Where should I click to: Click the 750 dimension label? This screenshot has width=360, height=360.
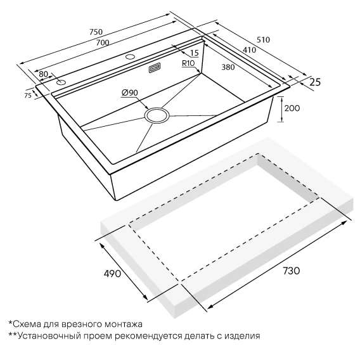[96, 32]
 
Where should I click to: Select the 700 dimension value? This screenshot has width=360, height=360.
[103, 42]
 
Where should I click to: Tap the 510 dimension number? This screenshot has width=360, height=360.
[263, 40]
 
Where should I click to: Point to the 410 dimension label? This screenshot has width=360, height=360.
[249, 50]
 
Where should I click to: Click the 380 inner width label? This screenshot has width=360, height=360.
[228, 67]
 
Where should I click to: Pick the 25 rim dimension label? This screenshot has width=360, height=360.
[315, 82]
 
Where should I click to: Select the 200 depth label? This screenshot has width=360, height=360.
[292, 108]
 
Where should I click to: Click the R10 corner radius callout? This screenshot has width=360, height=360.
[188, 63]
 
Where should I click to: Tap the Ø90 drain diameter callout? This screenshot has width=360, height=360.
[130, 93]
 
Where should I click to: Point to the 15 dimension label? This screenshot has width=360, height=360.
[194, 53]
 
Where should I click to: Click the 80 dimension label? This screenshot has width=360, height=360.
[43, 74]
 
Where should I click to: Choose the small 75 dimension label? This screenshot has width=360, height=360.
[28, 96]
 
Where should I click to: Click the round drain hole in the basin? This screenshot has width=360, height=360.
[157, 115]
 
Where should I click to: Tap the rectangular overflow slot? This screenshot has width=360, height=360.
[155, 68]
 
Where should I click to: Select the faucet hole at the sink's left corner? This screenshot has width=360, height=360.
[61, 82]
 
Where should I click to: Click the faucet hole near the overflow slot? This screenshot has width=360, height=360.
[131, 56]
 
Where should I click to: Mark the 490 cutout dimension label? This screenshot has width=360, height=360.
[113, 273]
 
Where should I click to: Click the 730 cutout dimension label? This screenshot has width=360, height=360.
[292, 271]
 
